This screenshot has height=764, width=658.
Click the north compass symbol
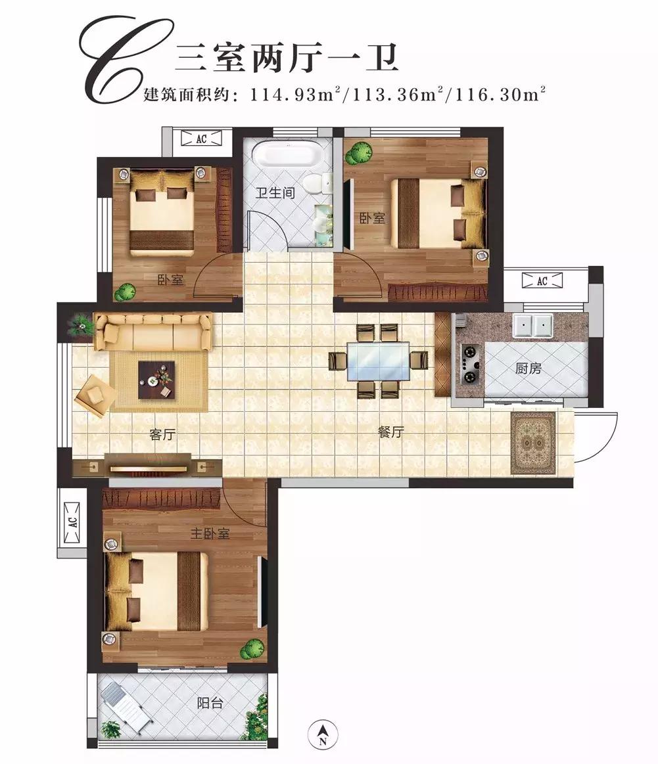pos(323,733)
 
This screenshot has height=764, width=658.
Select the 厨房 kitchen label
pos(528,369)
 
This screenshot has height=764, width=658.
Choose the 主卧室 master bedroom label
pos(210,534)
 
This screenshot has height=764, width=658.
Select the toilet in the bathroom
pos(317,183)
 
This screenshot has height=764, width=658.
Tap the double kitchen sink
pos(533,325)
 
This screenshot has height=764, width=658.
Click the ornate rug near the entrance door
pos(533,443)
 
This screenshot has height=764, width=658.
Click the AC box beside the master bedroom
pos(72,522)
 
